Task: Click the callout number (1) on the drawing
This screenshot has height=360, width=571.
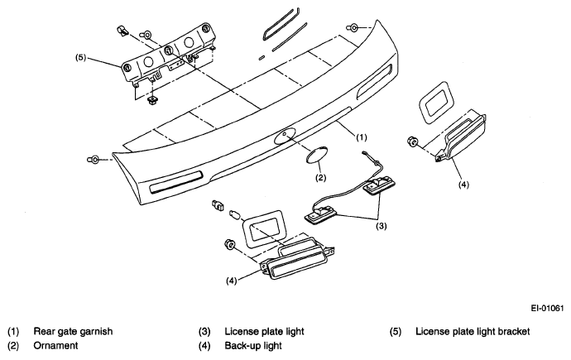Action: point(362,137)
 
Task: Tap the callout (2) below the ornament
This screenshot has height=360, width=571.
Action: point(320,178)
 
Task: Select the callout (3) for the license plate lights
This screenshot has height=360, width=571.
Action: point(381,226)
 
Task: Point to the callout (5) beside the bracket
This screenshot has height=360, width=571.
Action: point(80,57)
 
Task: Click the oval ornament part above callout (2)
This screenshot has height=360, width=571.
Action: point(316,155)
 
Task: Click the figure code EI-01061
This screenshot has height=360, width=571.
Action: point(547,309)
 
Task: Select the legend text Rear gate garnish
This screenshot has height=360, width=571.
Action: point(73,332)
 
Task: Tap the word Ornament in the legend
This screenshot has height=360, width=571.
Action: point(55,345)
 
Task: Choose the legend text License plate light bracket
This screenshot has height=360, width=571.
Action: point(473,332)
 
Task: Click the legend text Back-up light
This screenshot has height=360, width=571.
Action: point(253,345)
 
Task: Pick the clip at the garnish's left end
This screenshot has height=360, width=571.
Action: point(93,160)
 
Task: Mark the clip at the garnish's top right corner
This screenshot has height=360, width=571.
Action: point(353,27)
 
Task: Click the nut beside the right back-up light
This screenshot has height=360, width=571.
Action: point(413,142)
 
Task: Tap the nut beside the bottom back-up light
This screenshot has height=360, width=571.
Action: point(230,244)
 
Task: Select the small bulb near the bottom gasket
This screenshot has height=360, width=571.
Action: point(235,215)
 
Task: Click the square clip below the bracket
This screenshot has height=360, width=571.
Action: point(152,100)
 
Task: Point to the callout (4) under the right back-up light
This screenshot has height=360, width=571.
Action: point(463,185)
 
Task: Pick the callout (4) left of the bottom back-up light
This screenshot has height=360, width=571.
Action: point(232,281)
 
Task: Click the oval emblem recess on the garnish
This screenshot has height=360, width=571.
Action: point(285,137)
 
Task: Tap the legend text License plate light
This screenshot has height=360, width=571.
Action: point(264,332)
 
